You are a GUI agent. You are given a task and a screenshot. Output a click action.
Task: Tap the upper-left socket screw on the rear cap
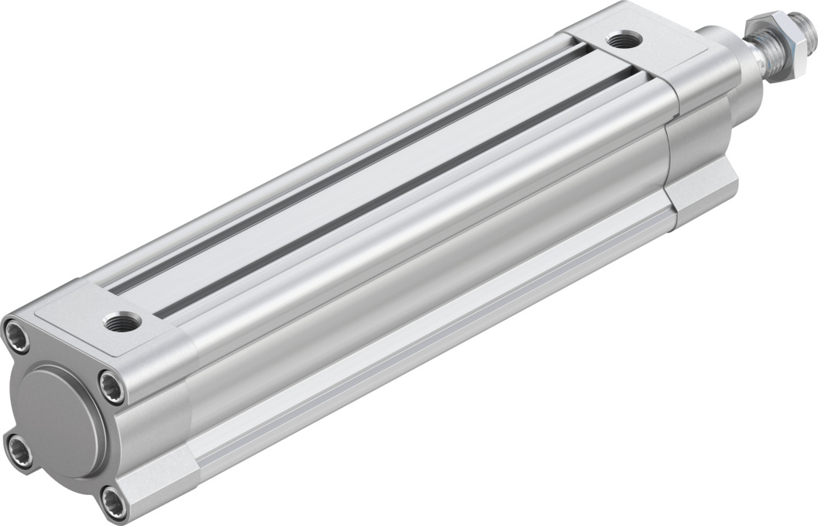point(16,335)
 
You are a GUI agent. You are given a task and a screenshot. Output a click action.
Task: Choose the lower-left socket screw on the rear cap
point(19,451)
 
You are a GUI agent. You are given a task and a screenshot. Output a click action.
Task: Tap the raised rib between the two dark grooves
point(372,180)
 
